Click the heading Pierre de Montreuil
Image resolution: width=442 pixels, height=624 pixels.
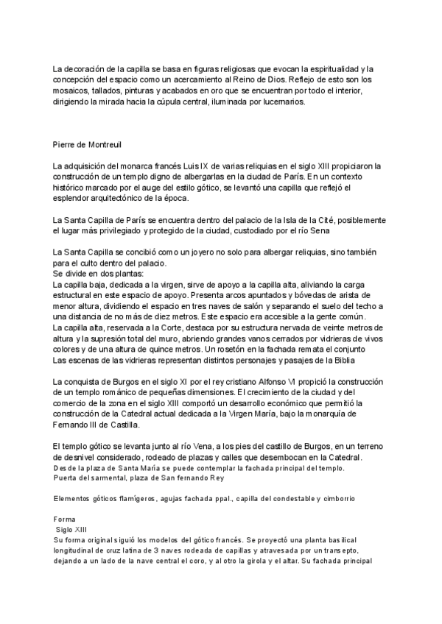(86, 144)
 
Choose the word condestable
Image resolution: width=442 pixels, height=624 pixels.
(289, 500)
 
